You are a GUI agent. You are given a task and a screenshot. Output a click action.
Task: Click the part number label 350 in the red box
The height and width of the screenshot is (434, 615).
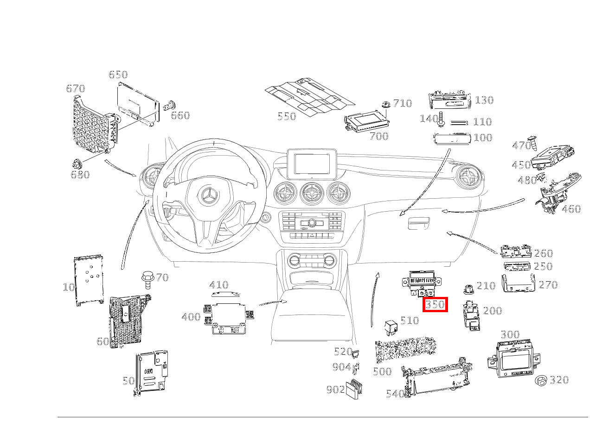click(x=435, y=305)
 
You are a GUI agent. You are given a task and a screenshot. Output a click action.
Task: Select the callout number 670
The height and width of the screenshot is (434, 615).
click(x=76, y=88)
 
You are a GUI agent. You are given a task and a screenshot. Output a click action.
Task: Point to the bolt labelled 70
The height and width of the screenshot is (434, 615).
click(x=147, y=279)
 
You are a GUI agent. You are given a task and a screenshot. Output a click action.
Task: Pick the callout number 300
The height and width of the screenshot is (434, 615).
click(x=510, y=334)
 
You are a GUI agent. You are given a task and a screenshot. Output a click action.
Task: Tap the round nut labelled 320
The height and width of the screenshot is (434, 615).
click(x=541, y=381)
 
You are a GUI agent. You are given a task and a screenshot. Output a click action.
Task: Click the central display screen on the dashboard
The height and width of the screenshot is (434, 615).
click(x=311, y=164)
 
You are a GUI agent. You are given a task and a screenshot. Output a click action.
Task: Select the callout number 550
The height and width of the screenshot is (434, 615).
click(x=287, y=116)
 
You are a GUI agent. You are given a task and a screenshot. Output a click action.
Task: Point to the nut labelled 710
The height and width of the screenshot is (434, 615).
click(x=385, y=105)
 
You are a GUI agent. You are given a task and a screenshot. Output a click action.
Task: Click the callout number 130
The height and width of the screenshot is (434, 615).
click(x=484, y=100)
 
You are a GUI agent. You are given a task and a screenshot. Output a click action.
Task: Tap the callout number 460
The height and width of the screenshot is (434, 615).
click(x=571, y=209)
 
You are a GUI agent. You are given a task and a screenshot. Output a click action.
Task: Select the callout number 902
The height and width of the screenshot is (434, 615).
click(x=335, y=390)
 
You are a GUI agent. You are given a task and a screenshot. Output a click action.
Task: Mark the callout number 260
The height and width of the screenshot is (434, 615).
click(x=544, y=253)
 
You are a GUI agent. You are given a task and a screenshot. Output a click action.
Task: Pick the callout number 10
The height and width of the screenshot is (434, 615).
click(x=69, y=287)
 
